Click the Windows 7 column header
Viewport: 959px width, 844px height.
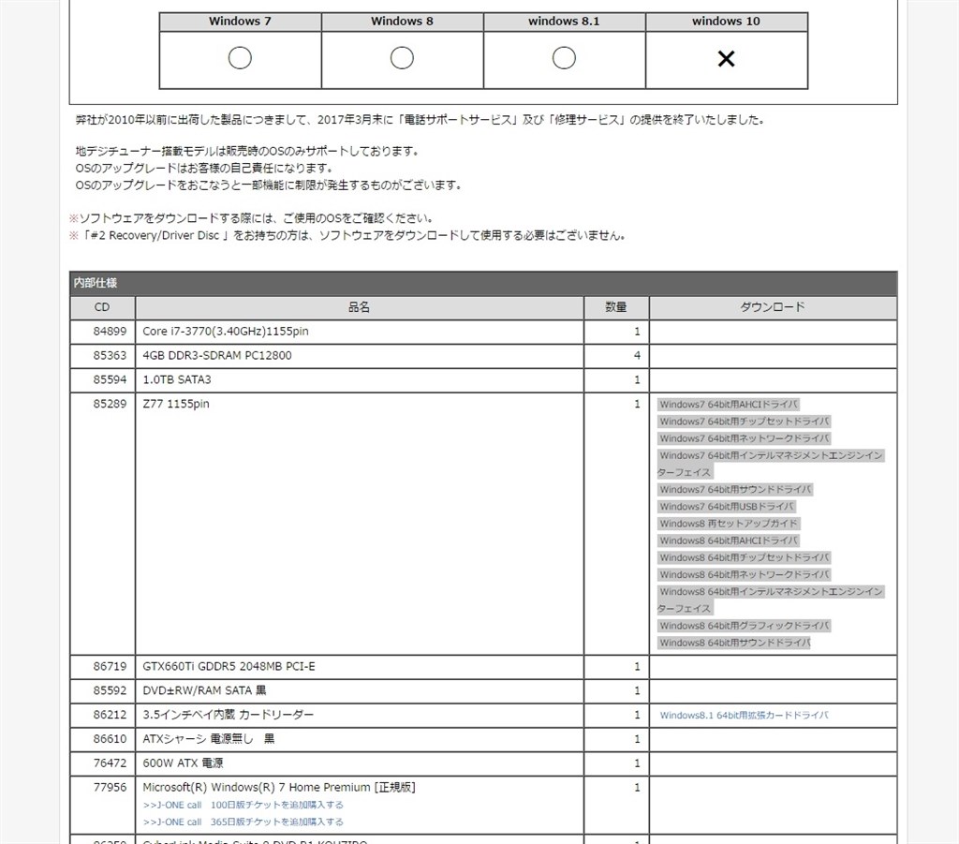pos(240,22)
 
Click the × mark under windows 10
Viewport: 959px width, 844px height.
pos(726,59)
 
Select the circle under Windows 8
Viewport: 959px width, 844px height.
pos(402,58)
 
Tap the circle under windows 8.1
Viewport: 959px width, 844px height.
pos(564,58)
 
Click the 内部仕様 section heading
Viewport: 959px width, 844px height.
pos(96,283)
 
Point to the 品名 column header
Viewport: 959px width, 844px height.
pos(359,307)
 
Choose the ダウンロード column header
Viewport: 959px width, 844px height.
pos(773,307)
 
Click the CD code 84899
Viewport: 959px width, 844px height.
pos(109,332)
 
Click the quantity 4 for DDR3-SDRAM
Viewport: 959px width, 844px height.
pos(637,356)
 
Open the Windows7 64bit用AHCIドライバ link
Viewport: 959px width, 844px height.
pos(729,405)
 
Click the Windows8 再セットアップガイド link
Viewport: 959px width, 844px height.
pos(729,524)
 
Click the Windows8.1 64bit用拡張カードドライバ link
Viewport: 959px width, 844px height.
pos(744,716)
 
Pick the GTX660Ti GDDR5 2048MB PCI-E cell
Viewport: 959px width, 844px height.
pos(229,667)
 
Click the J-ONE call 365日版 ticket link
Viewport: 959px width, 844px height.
pos(243,822)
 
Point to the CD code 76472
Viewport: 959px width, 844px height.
pos(109,763)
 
